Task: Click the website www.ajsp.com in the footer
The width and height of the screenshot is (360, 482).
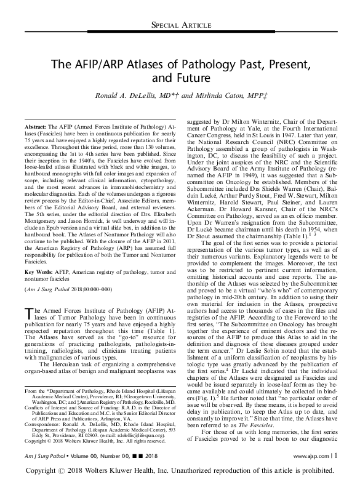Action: point(311,455)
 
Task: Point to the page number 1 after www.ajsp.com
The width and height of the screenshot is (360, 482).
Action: point(335,455)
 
